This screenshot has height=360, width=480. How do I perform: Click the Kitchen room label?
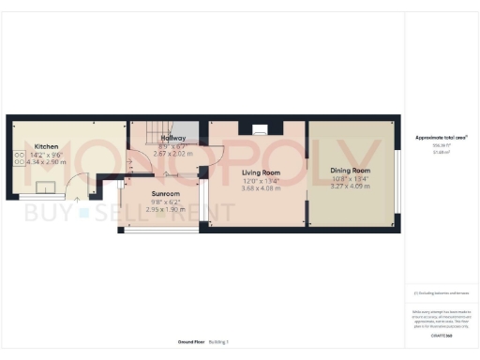pos(47,147)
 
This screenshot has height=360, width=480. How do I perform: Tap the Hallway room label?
pos(172,138)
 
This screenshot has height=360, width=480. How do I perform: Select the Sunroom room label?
pos(166,194)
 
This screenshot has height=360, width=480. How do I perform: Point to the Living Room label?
pos(261,172)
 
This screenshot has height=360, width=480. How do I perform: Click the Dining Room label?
pos(351,171)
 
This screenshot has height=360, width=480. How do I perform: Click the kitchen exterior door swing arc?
pos(91,188)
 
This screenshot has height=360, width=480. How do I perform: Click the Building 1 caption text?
pos(218,343)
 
